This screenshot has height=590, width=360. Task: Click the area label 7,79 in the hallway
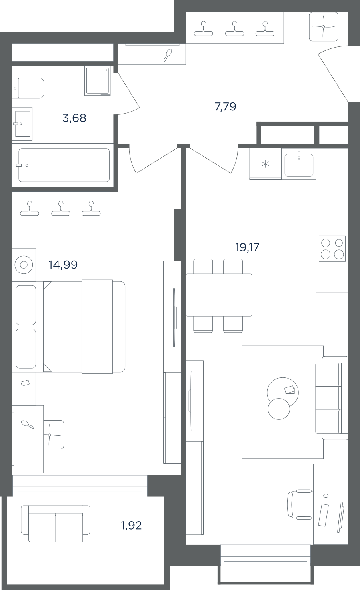tap(225, 107)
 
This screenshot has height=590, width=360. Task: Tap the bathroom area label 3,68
tap(74, 118)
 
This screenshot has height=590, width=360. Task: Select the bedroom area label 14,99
tap(63, 265)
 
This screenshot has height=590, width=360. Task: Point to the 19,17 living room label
tap(247, 247)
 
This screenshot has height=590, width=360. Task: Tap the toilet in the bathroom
tap(28, 88)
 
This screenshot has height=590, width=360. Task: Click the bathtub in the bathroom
tap(64, 165)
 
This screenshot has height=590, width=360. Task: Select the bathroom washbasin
tap(22, 124)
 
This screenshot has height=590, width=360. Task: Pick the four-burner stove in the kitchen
tap(332, 249)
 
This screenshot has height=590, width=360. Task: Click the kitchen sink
tap(299, 165)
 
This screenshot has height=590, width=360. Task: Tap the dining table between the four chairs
tap(219, 295)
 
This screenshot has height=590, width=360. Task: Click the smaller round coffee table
tap(279, 409)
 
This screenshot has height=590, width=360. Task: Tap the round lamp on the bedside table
tap(24, 265)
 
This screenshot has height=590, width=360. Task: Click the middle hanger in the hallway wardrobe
tap(234, 28)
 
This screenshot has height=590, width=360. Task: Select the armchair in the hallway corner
tap(324, 27)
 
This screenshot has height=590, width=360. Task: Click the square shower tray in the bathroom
tap(98, 81)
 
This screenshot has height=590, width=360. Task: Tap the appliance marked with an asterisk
tap(265, 164)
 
